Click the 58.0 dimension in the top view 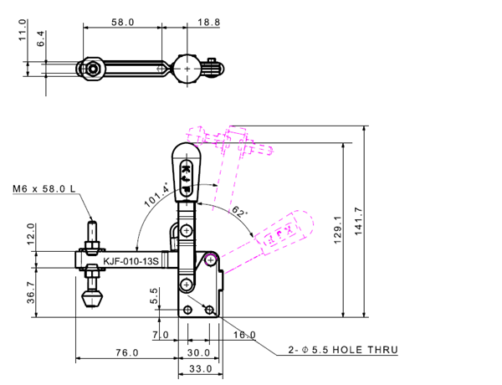122,23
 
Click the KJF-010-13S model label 131,262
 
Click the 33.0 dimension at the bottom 198,369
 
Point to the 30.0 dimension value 198,354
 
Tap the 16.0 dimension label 244,336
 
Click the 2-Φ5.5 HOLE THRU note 343,350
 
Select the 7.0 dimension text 161,336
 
